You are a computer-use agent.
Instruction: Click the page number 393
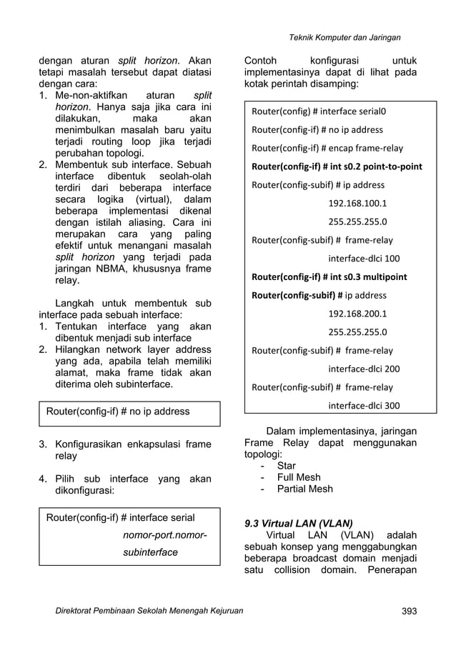408,611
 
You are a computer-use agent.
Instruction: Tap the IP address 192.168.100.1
357,203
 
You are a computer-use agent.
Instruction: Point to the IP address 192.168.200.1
357,314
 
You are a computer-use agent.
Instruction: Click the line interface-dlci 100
363,258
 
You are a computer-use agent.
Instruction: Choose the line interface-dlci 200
363,369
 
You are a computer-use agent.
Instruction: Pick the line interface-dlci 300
363,406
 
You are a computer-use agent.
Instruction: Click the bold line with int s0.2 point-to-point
336,166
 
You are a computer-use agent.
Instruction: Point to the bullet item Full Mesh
299,477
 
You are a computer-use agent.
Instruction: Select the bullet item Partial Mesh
304,489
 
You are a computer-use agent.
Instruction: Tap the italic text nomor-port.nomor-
164,535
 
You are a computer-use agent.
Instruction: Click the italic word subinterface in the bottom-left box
149,552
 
